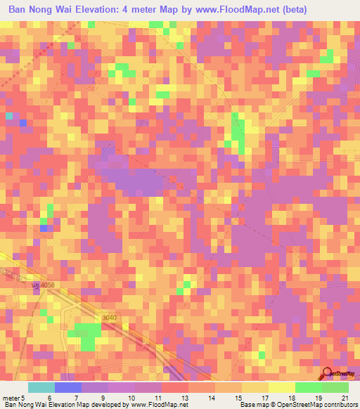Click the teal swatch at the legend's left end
(x=41, y=387)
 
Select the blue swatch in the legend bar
(x=67, y=387)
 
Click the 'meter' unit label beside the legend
(x=13, y=397)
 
